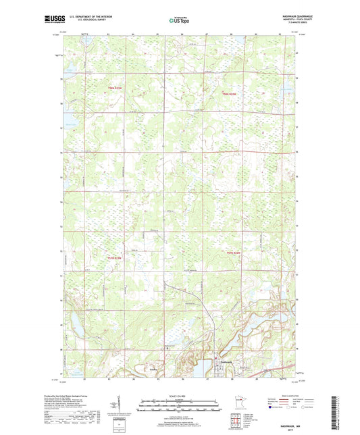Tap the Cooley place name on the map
pyautogui.click(x=153, y=369)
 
